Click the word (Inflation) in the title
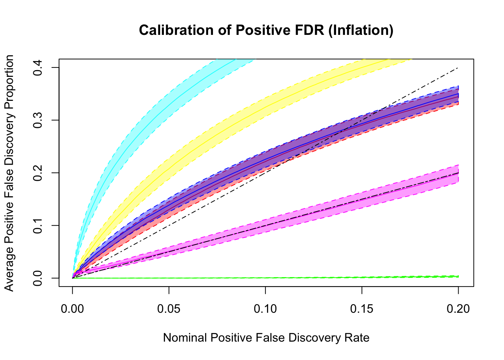tap(360, 30)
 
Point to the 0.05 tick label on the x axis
tap(169, 309)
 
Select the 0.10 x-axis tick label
tap(265, 309)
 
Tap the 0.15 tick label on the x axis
tap(362, 309)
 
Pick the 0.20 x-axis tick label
tap(458, 309)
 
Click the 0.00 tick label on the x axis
tap(72, 309)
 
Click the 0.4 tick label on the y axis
tap(38, 67)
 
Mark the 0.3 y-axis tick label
tap(38, 120)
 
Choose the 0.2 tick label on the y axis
tap(38, 173)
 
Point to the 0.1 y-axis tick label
tap(38, 225)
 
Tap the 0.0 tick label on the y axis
tap(38, 278)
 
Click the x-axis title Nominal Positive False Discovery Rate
tap(266, 338)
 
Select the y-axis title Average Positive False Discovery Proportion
tap(9, 173)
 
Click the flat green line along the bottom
tap(262, 278)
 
